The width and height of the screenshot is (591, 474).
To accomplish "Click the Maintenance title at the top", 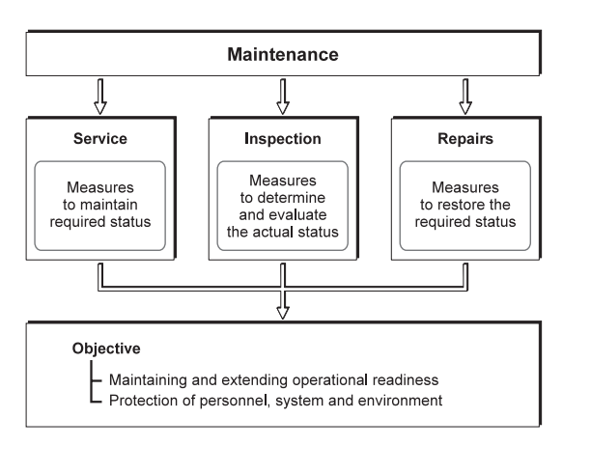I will [x=282, y=55].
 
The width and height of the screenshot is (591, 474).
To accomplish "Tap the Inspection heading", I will [x=283, y=138].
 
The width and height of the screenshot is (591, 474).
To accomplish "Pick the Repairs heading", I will [x=465, y=138].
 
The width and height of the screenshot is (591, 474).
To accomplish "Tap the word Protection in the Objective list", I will [x=143, y=398].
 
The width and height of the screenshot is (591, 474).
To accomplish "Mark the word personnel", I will [x=229, y=398].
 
